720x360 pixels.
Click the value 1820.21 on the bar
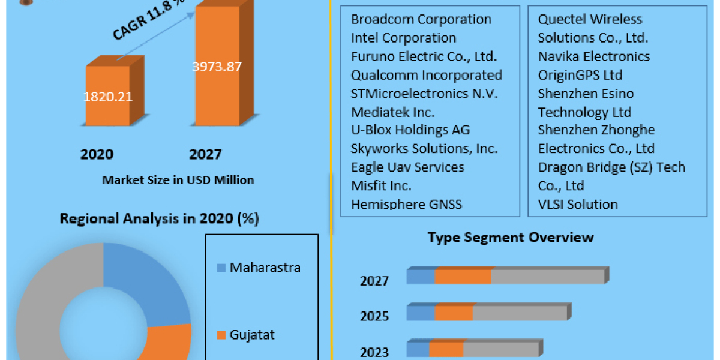tap(109, 97)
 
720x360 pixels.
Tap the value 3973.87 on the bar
tap(217, 67)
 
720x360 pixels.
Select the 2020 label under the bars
tap(97, 155)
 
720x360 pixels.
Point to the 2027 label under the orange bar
tap(205, 155)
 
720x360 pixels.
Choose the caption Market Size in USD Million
tap(178, 180)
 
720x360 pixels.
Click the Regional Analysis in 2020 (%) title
tap(159, 219)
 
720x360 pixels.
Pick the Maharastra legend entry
tap(265, 268)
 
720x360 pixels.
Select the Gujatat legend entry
tap(252, 335)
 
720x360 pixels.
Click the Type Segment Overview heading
tap(511, 237)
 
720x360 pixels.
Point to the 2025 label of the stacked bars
tap(374, 317)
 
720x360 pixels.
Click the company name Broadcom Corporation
tap(421, 19)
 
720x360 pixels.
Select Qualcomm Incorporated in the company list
tap(426, 75)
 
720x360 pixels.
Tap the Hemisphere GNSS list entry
tap(406, 204)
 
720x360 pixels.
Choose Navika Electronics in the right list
tap(593, 56)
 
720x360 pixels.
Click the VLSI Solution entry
tap(577, 204)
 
